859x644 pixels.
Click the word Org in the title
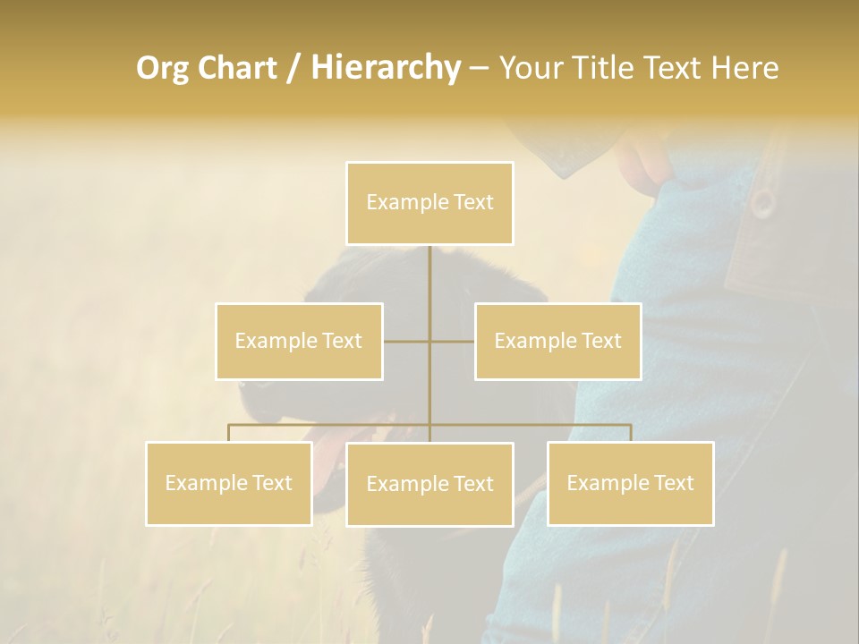click(164, 68)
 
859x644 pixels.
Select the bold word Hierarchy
click(385, 68)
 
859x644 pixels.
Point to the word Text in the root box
click(473, 202)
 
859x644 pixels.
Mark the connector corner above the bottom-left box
click(229, 425)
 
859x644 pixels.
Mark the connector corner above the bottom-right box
click(630, 425)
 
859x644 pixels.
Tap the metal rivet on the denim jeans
click(761, 203)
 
